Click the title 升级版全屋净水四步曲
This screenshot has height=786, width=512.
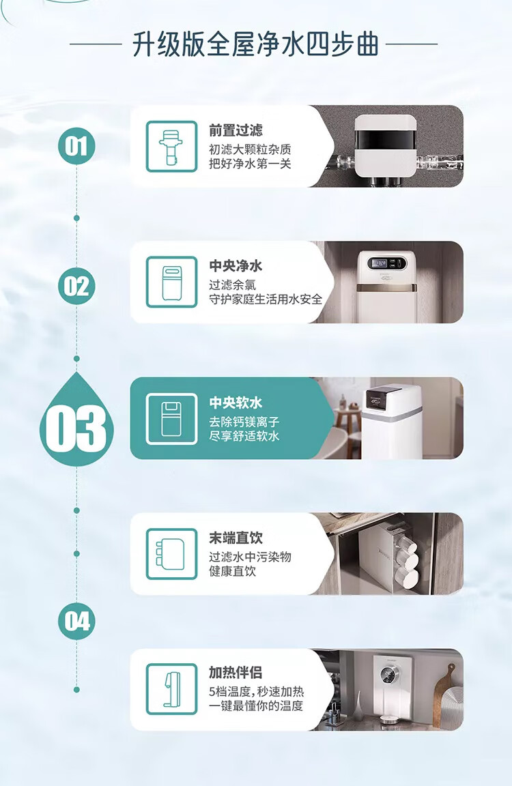tap(256, 44)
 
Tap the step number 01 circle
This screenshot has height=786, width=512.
tap(76, 146)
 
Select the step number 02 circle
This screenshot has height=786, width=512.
tap(76, 287)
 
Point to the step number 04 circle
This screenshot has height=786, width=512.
tap(76, 621)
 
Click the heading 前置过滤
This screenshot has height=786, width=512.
tap(236, 131)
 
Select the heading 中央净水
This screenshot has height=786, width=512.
tap(236, 266)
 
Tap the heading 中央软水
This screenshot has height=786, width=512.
tap(236, 403)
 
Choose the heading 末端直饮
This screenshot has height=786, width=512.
tap(236, 538)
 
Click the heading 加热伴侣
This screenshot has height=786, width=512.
tap(236, 672)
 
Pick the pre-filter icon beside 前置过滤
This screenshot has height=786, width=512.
tap(171, 147)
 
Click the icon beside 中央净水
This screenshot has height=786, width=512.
tap(171, 282)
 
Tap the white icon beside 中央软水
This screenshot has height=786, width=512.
tap(171, 418)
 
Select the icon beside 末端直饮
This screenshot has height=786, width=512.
tap(171, 554)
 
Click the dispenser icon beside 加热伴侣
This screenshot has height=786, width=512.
tap(171, 689)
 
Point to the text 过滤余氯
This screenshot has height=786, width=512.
tap(233, 285)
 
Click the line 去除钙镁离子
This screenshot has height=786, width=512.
tap(244, 422)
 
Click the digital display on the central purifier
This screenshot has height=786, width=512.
tap(378, 263)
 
